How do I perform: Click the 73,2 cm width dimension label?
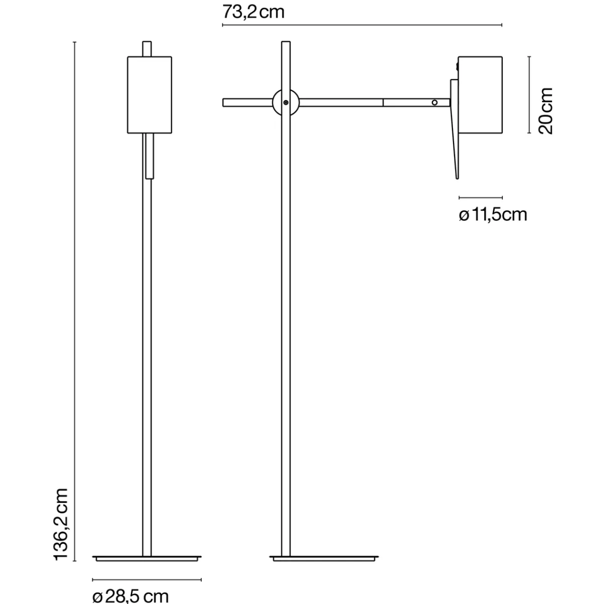coord(253,11)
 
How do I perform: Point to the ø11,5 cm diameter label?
coord(493,215)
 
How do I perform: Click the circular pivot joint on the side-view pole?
coord(285,102)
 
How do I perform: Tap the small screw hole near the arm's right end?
coord(435,102)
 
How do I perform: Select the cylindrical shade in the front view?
coord(149,95)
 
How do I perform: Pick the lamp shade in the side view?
coord(481,95)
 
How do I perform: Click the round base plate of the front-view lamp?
coord(147,558)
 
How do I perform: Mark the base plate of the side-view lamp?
coord(323,558)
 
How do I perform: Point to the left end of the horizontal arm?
coord(225,102)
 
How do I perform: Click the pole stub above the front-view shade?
coord(147,48)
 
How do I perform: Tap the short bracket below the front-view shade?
coord(149,156)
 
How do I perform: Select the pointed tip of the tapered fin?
coord(457,177)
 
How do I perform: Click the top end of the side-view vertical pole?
coord(285,44)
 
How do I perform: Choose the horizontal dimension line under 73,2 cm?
coord(362,25)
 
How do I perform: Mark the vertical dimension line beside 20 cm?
coord(529,95)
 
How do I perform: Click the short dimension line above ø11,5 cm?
coord(481,198)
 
